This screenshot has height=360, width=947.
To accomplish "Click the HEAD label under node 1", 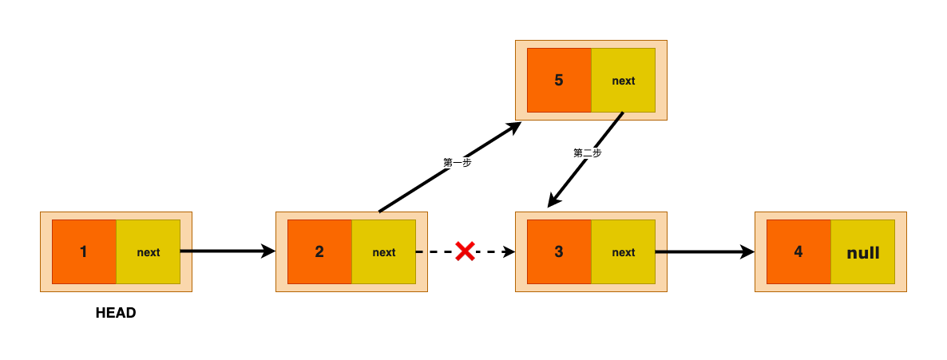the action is click(116, 313).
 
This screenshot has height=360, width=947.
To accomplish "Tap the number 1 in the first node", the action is click(83, 252).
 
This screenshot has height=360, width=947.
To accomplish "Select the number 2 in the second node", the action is click(319, 252).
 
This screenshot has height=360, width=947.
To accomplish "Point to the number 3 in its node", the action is click(559, 252).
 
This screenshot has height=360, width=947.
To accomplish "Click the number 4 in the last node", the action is click(798, 252).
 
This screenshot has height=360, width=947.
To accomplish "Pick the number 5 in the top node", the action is click(559, 81).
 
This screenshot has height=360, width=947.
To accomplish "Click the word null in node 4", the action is click(863, 253).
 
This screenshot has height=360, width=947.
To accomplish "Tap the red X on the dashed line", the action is click(465, 251).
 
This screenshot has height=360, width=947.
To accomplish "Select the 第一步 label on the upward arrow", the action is click(458, 163).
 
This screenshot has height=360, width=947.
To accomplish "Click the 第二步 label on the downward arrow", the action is click(587, 153).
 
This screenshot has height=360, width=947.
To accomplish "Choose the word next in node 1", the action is click(149, 252).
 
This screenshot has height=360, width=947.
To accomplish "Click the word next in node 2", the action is click(384, 252).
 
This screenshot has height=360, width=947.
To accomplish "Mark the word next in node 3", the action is click(624, 252).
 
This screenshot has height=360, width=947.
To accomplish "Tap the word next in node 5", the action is click(624, 81).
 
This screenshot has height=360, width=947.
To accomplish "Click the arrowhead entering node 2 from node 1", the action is click(268, 251).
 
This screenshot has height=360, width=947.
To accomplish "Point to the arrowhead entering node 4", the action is click(747, 252).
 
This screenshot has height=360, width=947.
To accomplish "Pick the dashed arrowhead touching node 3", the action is click(509, 252).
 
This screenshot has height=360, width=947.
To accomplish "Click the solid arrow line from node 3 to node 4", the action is click(705, 252).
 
